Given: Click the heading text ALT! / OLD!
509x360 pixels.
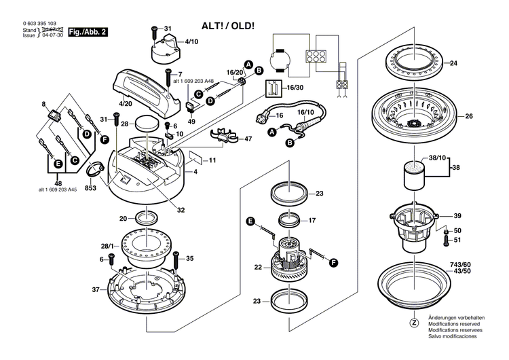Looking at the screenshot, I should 228,26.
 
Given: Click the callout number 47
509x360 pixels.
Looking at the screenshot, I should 248,139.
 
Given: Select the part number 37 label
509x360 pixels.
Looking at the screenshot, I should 96,289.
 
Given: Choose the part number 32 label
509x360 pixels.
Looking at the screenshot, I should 181,210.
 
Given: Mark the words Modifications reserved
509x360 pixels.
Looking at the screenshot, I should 453,324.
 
